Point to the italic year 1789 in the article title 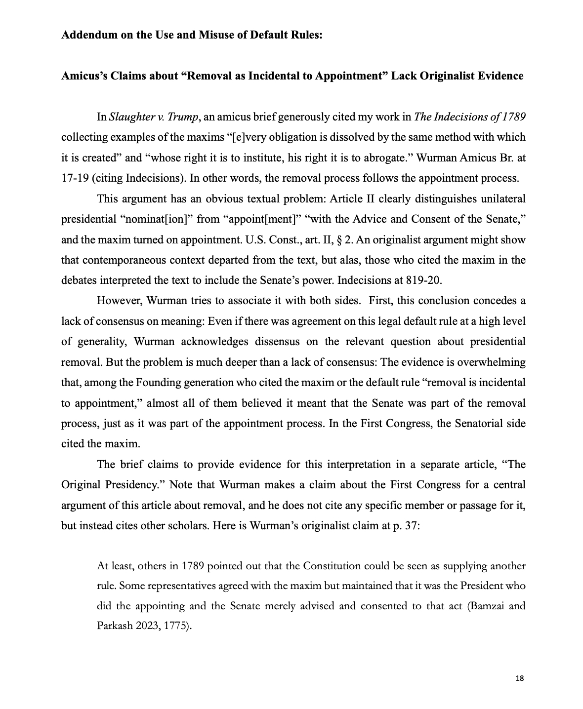[514, 117]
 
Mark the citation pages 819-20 [423, 280]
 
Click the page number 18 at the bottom [519, 679]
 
